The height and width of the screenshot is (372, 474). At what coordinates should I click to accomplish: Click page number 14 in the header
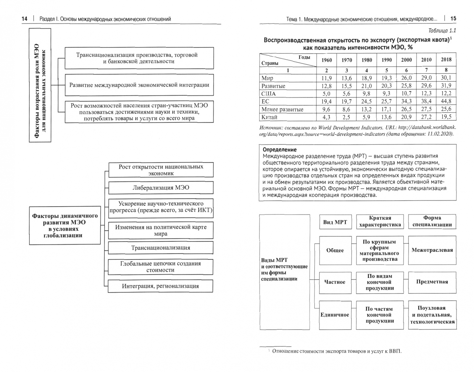(x=24, y=19)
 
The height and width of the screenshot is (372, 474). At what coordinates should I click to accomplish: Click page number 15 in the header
(x=453, y=19)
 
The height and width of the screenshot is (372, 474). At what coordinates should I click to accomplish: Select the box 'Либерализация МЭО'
(x=161, y=188)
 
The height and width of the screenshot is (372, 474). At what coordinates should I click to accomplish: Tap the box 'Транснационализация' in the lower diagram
(x=161, y=248)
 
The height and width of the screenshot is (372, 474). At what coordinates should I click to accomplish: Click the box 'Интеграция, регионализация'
(x=161, y=286)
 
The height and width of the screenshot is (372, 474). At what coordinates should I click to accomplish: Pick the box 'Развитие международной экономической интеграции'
(x=139, y=85)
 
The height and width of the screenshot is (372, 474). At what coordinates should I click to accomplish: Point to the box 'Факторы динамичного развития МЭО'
(x=65, y=226)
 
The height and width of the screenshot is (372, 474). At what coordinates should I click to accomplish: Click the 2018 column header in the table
(x=446, y=59)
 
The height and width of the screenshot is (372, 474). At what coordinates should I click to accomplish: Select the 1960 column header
(x=326, y=60)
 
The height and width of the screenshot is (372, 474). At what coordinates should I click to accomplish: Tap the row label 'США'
(x=269, y=94)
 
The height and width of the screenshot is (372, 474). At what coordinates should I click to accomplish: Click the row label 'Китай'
(x=270, y=117)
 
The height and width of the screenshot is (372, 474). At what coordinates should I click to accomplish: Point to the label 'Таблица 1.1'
(x=442, y=30)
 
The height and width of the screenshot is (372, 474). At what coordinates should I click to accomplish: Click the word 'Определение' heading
(x=280, y=150)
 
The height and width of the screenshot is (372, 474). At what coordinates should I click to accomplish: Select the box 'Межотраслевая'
(x=432, y=250)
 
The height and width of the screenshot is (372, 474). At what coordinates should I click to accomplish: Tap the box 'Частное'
(x=335, y=282)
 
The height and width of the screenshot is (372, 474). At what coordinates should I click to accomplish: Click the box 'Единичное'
(x=335, y=315)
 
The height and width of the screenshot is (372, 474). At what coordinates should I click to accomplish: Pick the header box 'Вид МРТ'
(x=335, y=222)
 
